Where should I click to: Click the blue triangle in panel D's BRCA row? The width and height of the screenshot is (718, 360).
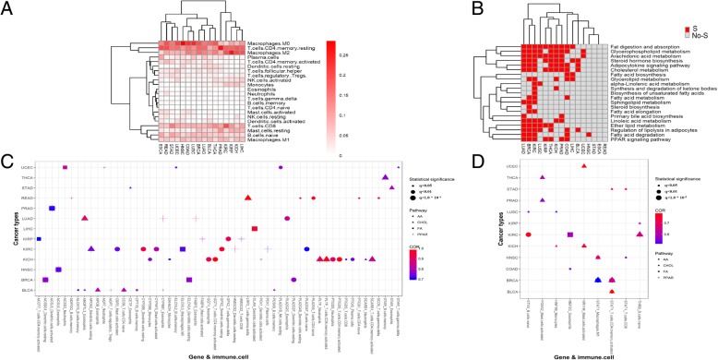point(599,278)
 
